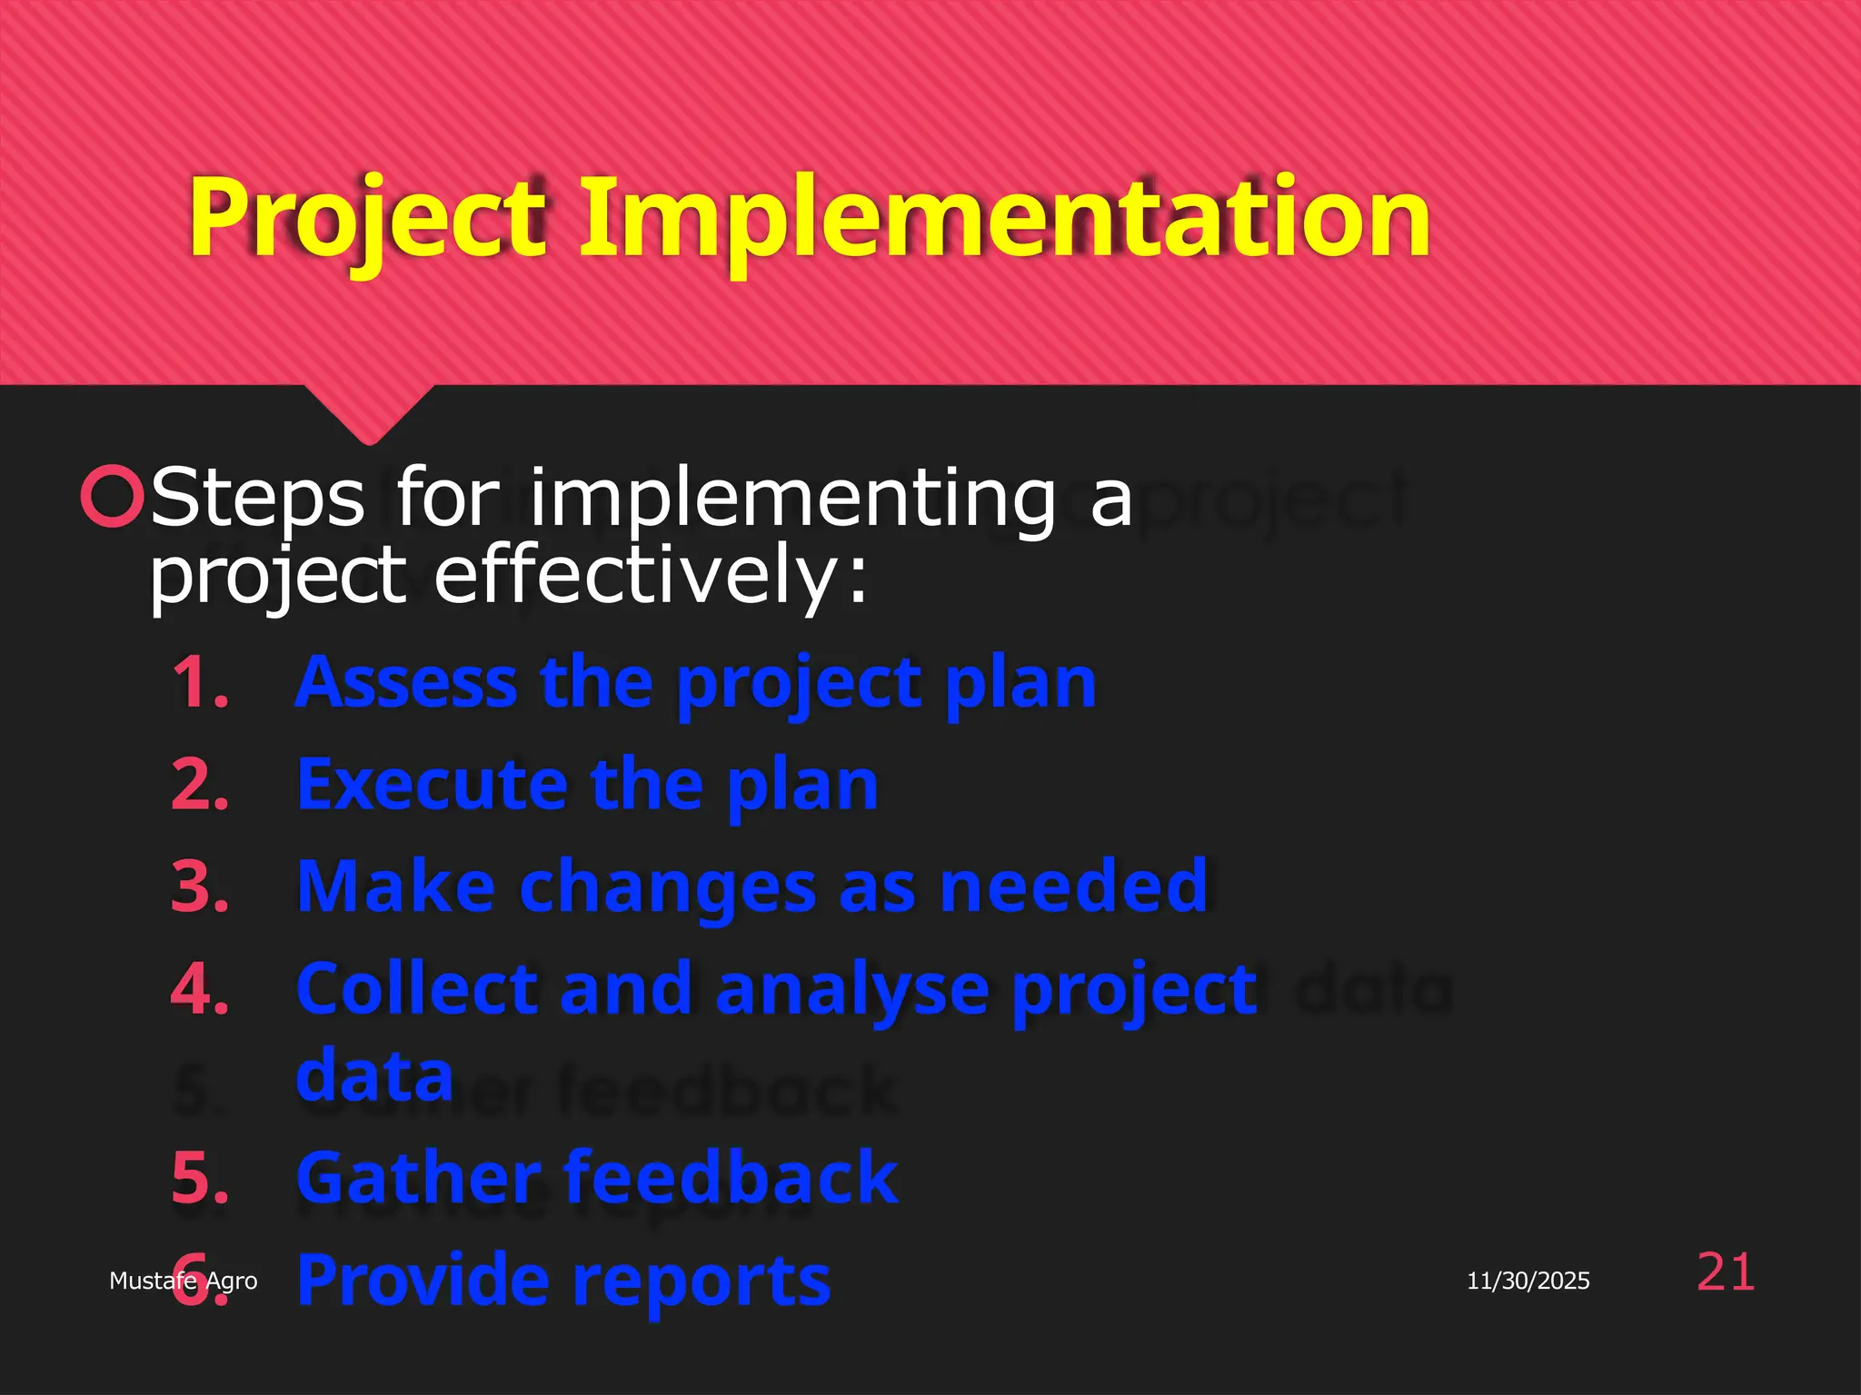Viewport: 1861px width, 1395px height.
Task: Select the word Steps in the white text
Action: pos(257,498)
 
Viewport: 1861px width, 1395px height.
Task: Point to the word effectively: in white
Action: pos(651,576)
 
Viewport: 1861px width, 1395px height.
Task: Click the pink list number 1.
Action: pos(200,682)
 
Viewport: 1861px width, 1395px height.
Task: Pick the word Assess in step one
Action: pos(406,682)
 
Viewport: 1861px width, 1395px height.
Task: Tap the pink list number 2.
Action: pos(200,785)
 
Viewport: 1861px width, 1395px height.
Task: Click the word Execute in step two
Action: pos(432,785)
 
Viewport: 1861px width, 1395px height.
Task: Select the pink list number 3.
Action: pos(200,886)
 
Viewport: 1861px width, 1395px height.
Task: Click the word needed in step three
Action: pos(1073,886)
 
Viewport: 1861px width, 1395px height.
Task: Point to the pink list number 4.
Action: pos(200,989)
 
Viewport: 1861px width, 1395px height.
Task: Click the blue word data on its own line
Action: pos(374,1075)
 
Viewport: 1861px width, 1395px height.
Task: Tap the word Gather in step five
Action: pos(419,1178)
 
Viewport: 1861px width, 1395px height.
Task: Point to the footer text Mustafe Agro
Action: pos(183,1281)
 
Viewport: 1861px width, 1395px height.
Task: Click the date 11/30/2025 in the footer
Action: pos(1528,1281)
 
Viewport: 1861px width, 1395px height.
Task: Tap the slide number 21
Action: pos(1725,1272)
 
